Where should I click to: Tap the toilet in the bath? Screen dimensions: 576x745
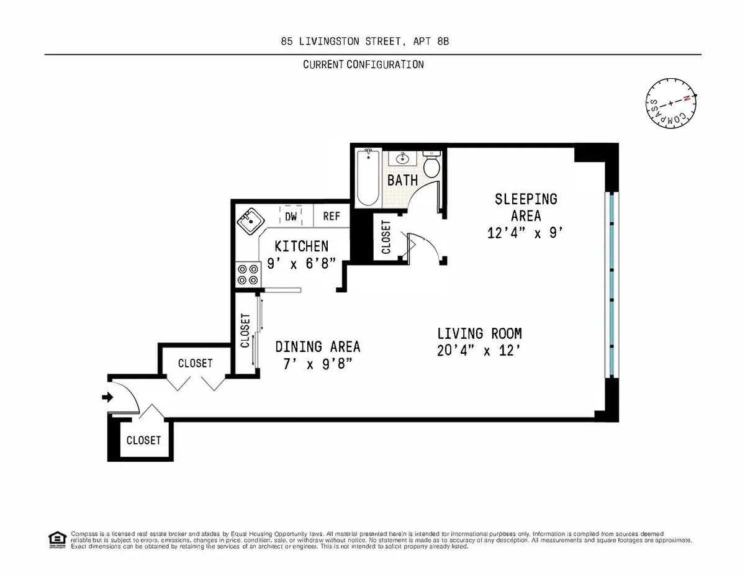[432, 165]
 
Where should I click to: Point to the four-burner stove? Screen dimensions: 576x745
[246, 275]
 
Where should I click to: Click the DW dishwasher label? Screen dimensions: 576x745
[291, 217]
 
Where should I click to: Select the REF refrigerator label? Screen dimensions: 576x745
[332, 217]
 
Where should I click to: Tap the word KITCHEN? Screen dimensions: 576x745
[301, 246]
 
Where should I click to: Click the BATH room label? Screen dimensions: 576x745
[402, 181]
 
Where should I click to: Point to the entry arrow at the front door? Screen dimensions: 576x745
[107, 397]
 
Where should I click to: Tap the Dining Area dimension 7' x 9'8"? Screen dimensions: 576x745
[317, 364]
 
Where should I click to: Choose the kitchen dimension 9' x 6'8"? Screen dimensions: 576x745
[301, 263]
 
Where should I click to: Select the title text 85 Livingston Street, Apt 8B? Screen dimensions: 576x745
[372, 42]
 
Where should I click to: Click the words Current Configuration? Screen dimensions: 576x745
[363, 65]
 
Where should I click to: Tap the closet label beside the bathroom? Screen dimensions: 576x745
[386, 237]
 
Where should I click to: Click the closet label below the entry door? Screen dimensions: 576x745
[143, 440]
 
